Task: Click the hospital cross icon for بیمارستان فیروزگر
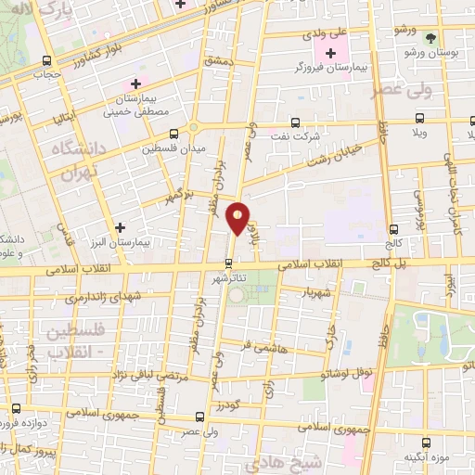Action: [x=330, y=52]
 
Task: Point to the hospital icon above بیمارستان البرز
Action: [x=120, y=226]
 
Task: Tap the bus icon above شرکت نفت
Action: [x=295, y=122]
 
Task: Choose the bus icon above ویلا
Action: [x=419, y=119]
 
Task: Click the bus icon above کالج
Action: [x=394, y=228]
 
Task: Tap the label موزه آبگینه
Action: [x=427, y=457]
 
